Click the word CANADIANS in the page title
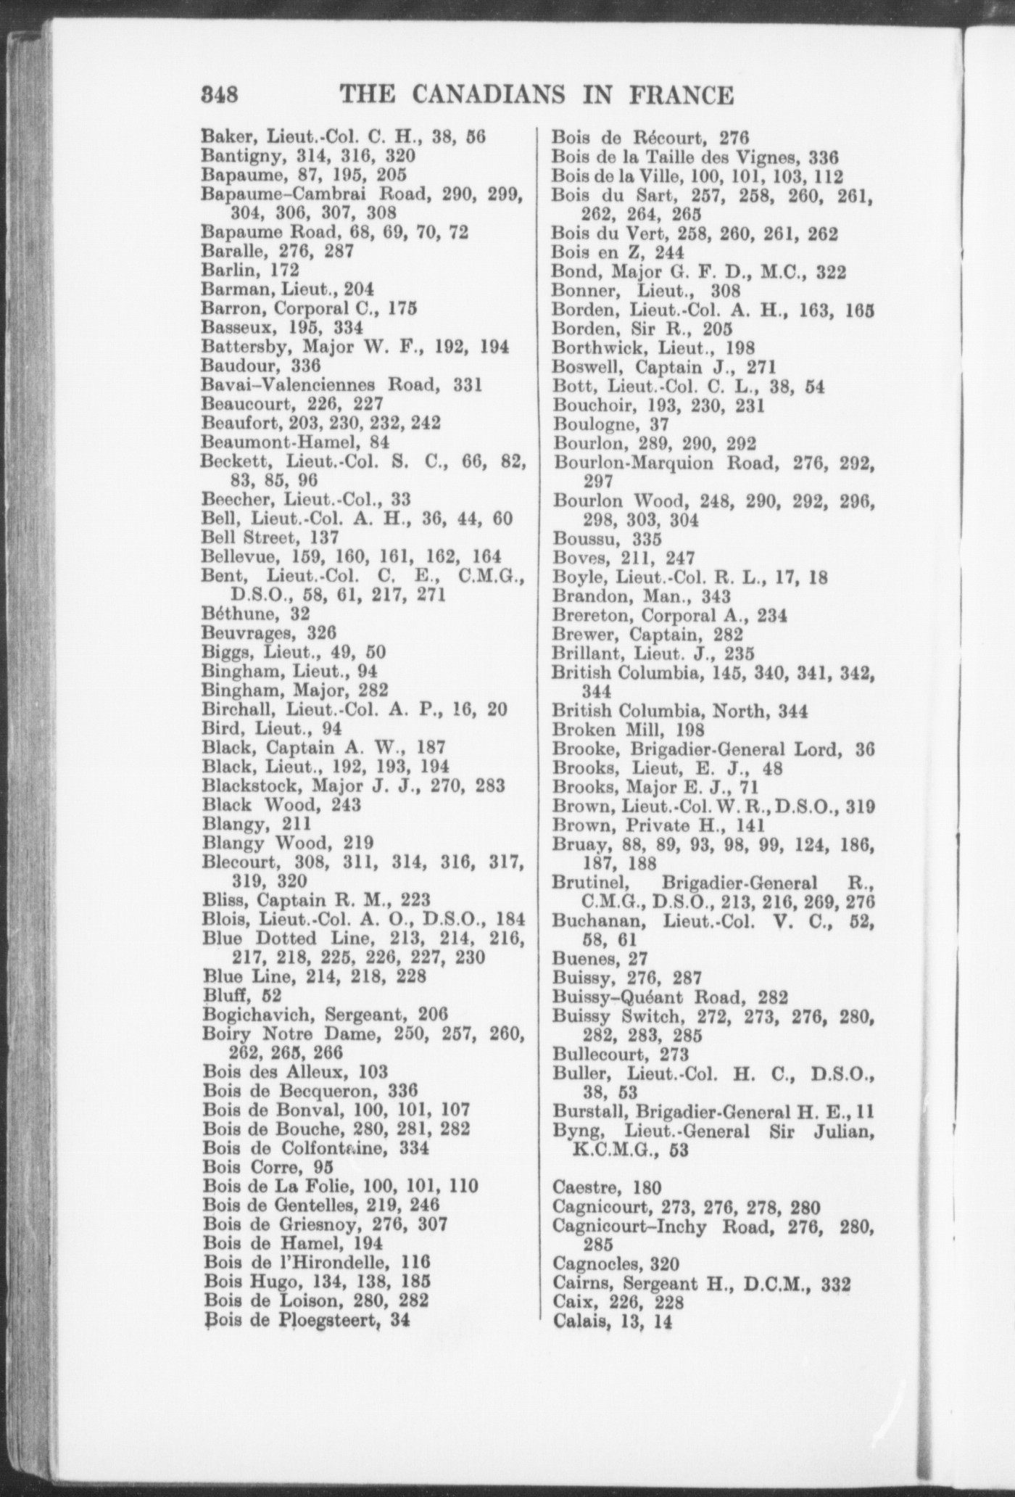coord(487,95)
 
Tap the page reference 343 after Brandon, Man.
coord(716,596)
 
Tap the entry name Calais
coord(576,1321)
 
